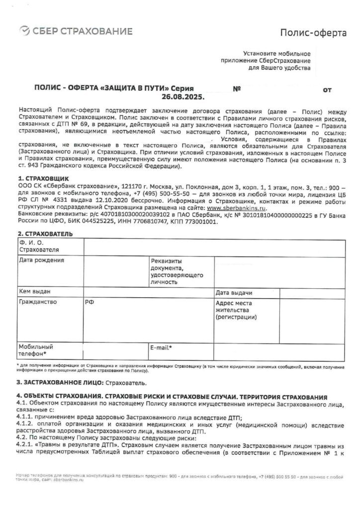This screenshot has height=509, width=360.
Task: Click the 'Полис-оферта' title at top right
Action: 313,33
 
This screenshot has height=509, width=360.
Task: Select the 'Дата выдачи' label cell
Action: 233,293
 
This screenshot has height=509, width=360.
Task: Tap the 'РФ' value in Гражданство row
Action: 89,302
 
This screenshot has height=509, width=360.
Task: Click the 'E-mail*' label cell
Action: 161,347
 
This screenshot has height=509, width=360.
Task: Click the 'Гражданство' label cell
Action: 38,302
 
